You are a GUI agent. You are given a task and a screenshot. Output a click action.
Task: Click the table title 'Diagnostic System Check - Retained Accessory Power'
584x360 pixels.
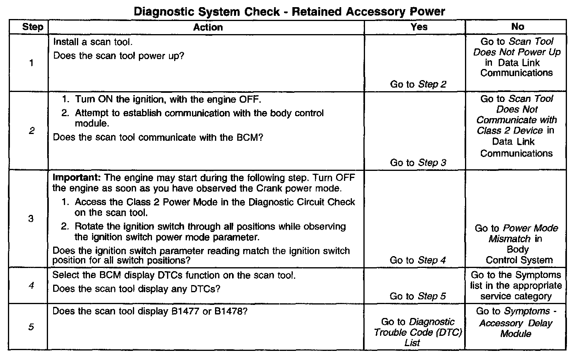[289, 11]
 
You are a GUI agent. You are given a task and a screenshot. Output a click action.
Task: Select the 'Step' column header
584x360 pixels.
[33, 27]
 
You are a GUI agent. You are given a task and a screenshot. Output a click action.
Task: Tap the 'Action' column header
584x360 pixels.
[208, 27]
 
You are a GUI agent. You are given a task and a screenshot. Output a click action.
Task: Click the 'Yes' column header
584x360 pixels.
[419, 27]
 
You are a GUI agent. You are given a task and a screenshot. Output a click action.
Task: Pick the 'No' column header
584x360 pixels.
[517, 27]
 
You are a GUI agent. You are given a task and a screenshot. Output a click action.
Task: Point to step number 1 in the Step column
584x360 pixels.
[31, 63]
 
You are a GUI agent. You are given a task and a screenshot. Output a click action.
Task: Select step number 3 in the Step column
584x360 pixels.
[31, 218]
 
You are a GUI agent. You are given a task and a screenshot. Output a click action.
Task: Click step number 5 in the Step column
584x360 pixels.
[31, 327]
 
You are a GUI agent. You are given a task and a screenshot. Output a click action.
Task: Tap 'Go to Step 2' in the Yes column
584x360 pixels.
[418, 84]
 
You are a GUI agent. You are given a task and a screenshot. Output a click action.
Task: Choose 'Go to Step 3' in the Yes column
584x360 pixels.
[418, 163]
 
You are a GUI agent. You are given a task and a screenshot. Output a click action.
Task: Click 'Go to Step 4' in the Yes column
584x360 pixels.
[417, 260]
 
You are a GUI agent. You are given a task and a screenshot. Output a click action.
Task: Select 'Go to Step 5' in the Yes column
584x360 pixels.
[417, 296]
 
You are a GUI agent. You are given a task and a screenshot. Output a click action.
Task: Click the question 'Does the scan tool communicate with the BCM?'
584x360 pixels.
[158, 138]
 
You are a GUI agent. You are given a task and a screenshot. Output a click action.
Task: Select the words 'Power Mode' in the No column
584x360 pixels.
[530, 228]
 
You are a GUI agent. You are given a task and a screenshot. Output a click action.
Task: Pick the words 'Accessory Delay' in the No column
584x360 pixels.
[515, 323]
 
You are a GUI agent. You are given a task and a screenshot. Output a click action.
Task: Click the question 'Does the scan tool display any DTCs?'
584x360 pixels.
[136, 289]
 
